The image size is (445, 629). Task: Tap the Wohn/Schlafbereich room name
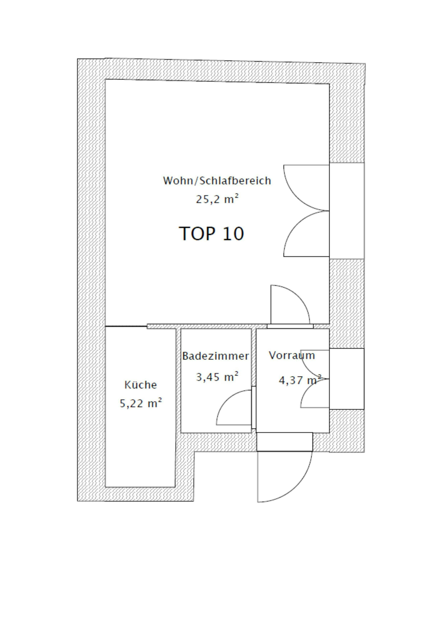click(x=217, y=181)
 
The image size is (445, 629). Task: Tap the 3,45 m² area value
click(x=217, y=377)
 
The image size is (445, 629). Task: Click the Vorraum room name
click(x=292, y=355)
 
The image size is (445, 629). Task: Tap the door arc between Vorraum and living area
click(x=299, y=296)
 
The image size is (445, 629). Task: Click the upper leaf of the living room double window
click(x=297, y=197)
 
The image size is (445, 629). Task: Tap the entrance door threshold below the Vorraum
click(x=285, y=442)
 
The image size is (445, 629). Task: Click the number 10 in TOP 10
click(x=233, y=234)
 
